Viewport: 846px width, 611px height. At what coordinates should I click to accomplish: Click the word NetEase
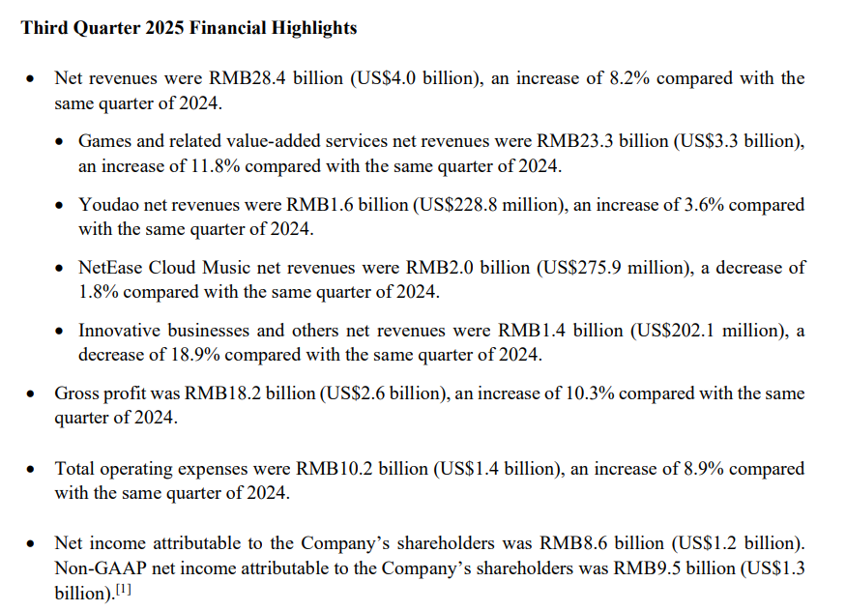pyautogui.click(x=113, y=268)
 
